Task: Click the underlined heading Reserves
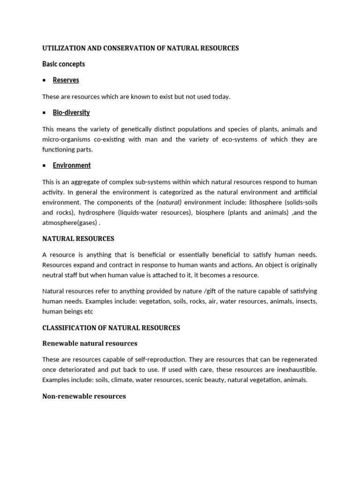[x=66, y=80]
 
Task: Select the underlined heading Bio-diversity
[x=71, y=112]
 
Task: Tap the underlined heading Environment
[x=72, y=165]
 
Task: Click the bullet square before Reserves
[x=44, y=80]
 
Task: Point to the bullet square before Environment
[x=44, y=165]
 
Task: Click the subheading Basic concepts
[x=64, y=64]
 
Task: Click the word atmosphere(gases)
[x=69, y=223]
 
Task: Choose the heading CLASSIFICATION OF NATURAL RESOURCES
[x=111, y=328]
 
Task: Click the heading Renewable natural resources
[x=90, y=344]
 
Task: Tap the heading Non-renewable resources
[x=84, y=396]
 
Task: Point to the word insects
[x=304, y=301]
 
